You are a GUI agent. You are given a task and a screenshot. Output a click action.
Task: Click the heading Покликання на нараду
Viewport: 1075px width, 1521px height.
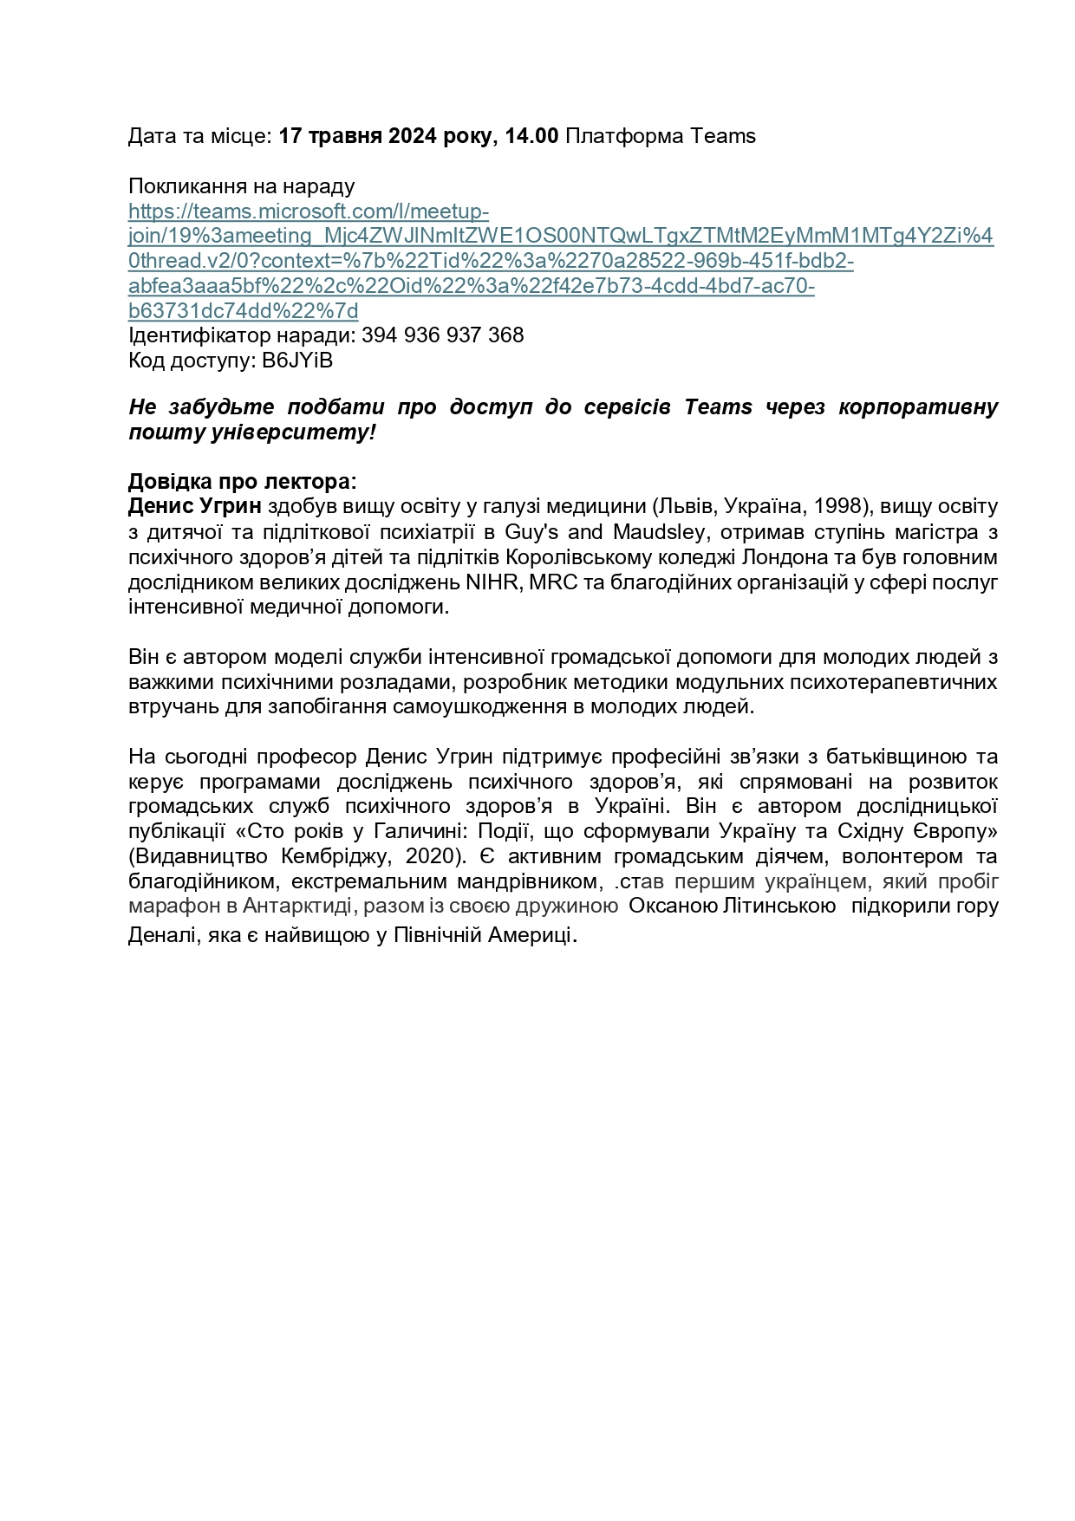click(x=241, y=186)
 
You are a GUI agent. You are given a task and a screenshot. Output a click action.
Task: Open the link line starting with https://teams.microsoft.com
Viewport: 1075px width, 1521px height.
click(x=309, y=211)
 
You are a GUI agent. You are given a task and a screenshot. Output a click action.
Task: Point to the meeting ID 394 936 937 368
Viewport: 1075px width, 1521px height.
click(x=442, y=335)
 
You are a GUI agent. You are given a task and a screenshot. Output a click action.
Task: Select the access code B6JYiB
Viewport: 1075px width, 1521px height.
click(x=297, y=361)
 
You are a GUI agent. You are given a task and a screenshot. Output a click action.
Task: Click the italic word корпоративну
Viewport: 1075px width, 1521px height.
click(x=918, y=407)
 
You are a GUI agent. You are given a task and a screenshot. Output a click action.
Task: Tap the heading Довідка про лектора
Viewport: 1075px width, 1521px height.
click(x=242, y=481)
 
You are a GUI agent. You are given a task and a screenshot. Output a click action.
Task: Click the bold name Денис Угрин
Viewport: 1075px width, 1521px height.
click(x=194, y=506)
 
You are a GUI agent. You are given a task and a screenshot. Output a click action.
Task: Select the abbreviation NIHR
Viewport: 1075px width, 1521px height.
click(x=492, y=582)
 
